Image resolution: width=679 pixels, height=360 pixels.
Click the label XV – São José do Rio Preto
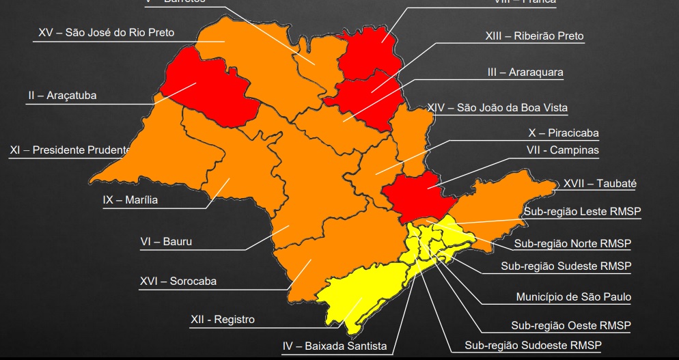pyautogui.click(x=106, y=32)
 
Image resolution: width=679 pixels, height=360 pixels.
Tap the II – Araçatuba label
pyautogui.click(x=62, y=96)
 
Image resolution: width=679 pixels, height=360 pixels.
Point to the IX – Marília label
pyautogui.click(x=130, y=200)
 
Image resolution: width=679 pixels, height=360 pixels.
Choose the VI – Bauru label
pyautogui.click(x=166, y=241)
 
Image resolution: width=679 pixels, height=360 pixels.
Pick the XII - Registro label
pyautogui.click(x=222, y=319)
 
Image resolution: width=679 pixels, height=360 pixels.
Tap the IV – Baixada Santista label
pyautogui.click(x=335, y=346)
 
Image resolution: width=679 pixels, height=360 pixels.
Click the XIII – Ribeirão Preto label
pyautogui.click(x=534, y=36)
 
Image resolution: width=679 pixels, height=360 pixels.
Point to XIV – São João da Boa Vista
pyautogui.click(x=497, y=107)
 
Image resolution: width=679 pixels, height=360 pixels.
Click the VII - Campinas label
pyautogui.click(x=562, y=150)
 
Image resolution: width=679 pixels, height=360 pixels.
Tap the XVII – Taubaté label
pyautogui.click(x=600, y=183)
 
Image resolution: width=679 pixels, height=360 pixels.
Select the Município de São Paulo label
pyautogui.click(x=573, y=297)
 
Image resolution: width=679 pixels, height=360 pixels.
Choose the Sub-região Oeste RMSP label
pyautogui.click(x=571, y=325)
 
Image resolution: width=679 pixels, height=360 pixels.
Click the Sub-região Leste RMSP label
pyautogui.click(x=583, y=211)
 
